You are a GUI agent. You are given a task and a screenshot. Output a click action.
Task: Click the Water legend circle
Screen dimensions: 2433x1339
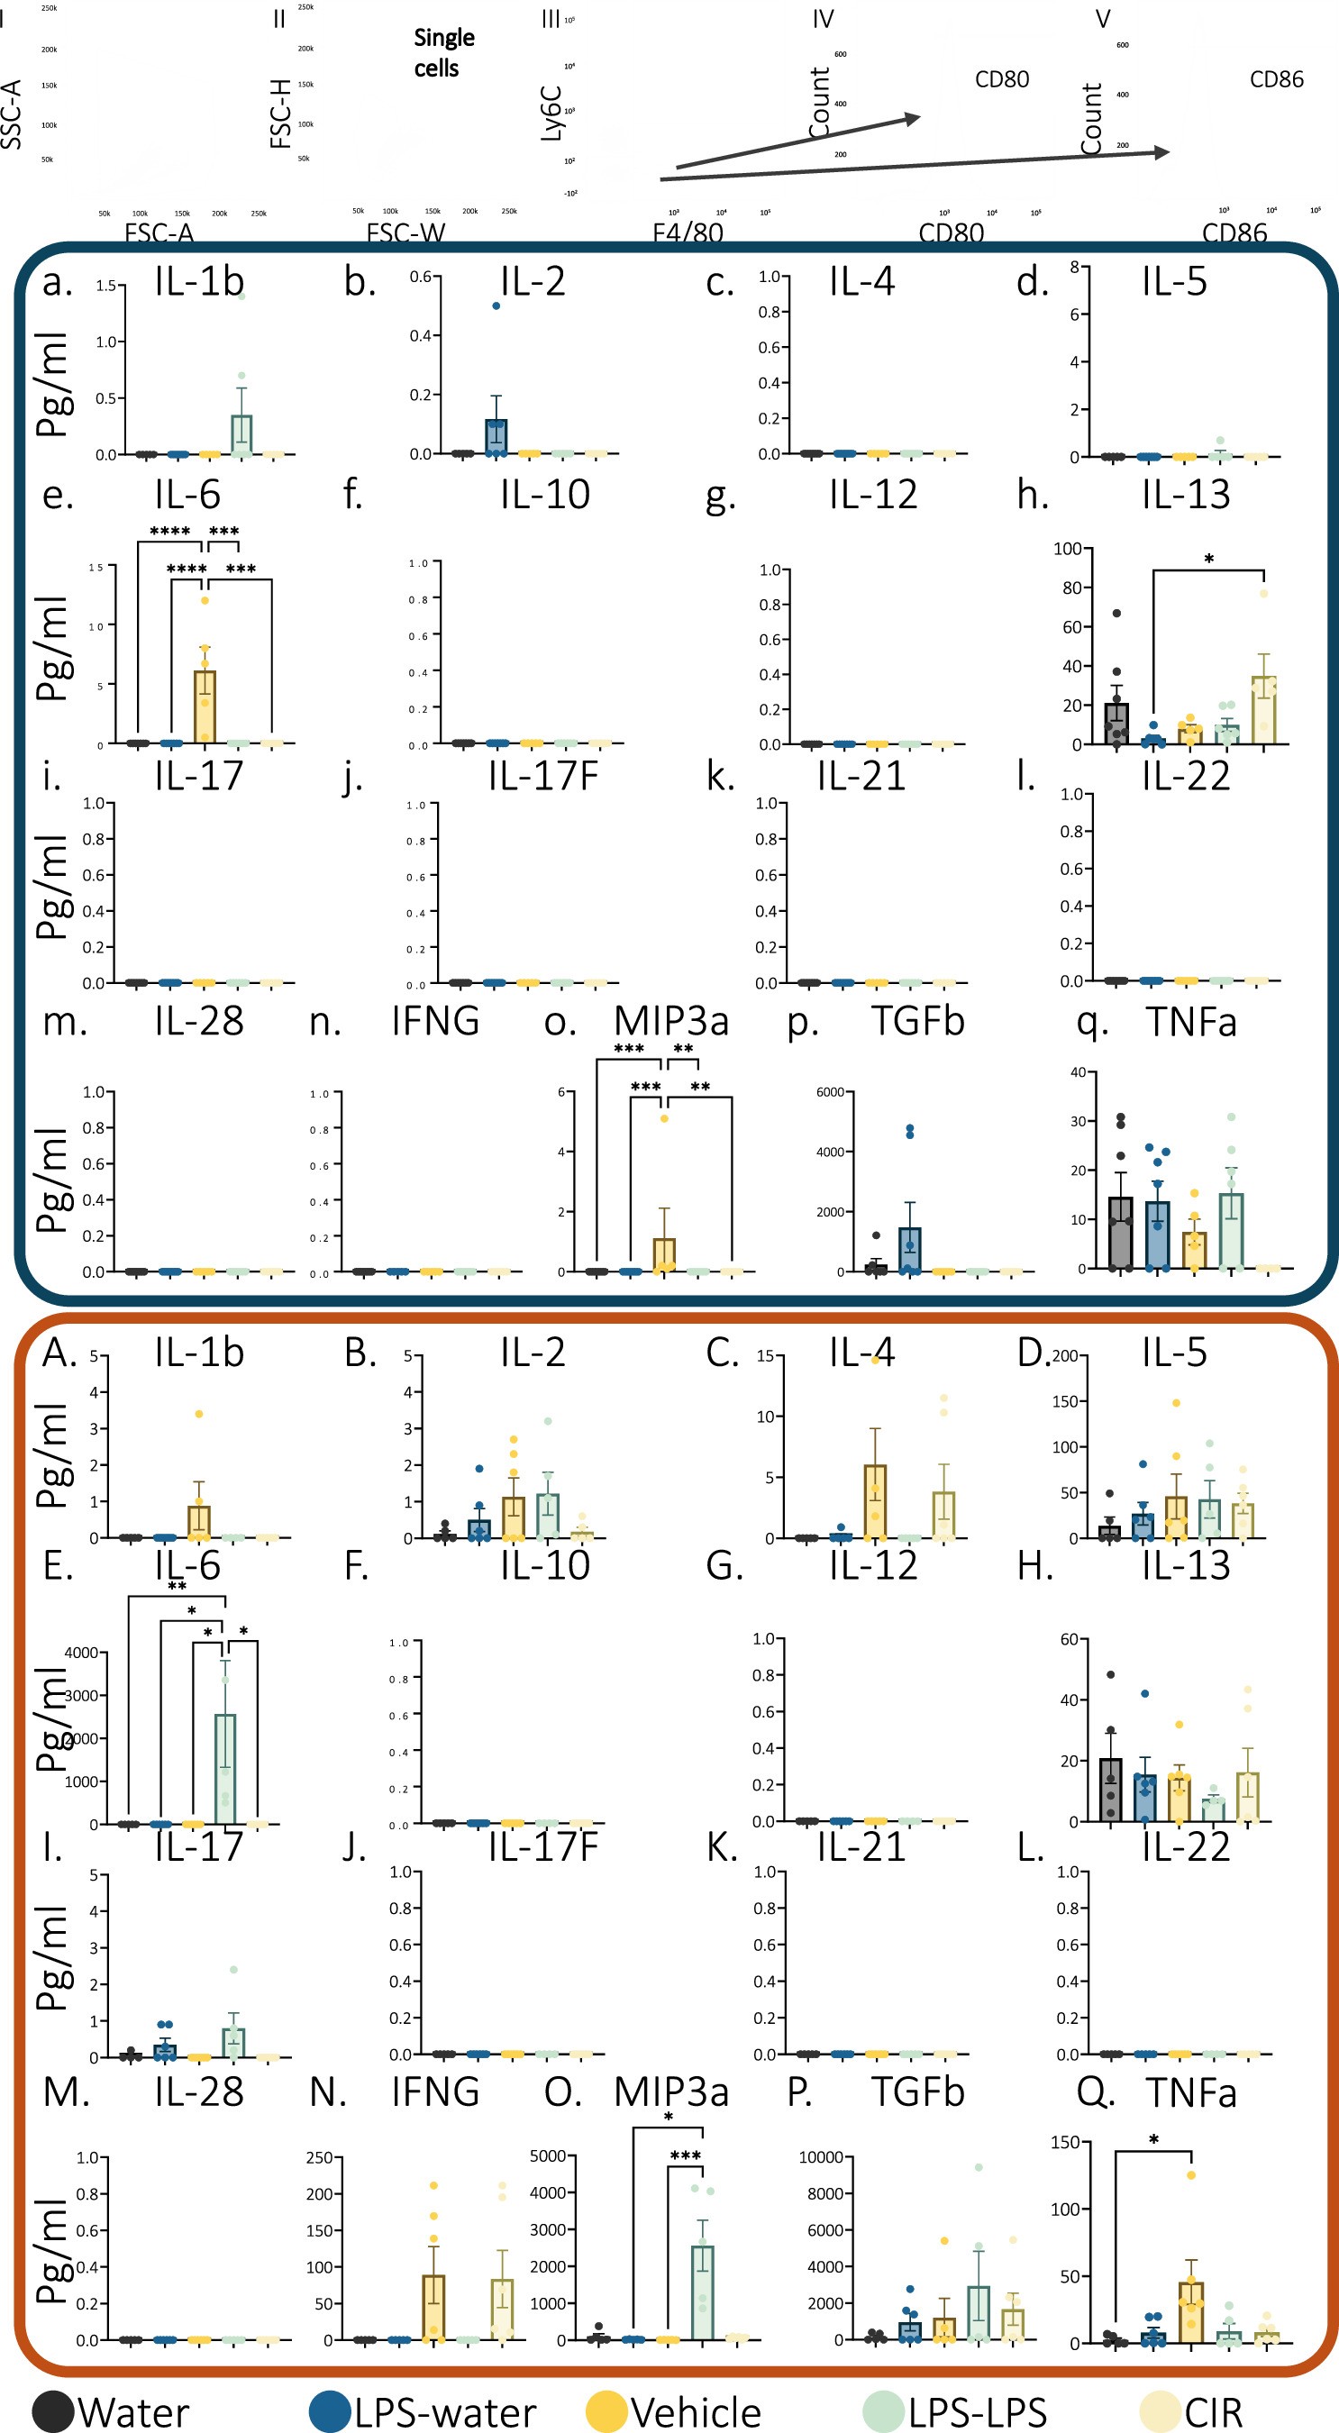coord(53,2411)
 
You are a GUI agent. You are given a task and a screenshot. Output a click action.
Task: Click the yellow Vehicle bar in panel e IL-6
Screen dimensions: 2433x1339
coord(205,706)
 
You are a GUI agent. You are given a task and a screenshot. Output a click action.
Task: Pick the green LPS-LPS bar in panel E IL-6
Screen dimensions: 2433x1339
coord(224,1769)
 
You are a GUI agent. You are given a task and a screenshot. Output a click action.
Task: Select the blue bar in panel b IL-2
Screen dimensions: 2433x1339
coord(496,436)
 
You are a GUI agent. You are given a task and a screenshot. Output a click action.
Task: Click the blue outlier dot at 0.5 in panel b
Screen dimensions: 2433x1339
coord(496,306)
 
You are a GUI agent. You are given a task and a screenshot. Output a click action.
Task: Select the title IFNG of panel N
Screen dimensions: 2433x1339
coord(435,2092)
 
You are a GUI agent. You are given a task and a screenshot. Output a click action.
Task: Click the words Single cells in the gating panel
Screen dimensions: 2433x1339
coord(444,53)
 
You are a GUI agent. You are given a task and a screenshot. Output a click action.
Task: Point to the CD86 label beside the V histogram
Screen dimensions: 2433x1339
coord(1276,79)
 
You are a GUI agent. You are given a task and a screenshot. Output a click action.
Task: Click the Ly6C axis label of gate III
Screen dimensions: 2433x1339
coord(551,114)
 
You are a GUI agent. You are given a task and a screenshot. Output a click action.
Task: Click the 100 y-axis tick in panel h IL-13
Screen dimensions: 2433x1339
coord(1067,549)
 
